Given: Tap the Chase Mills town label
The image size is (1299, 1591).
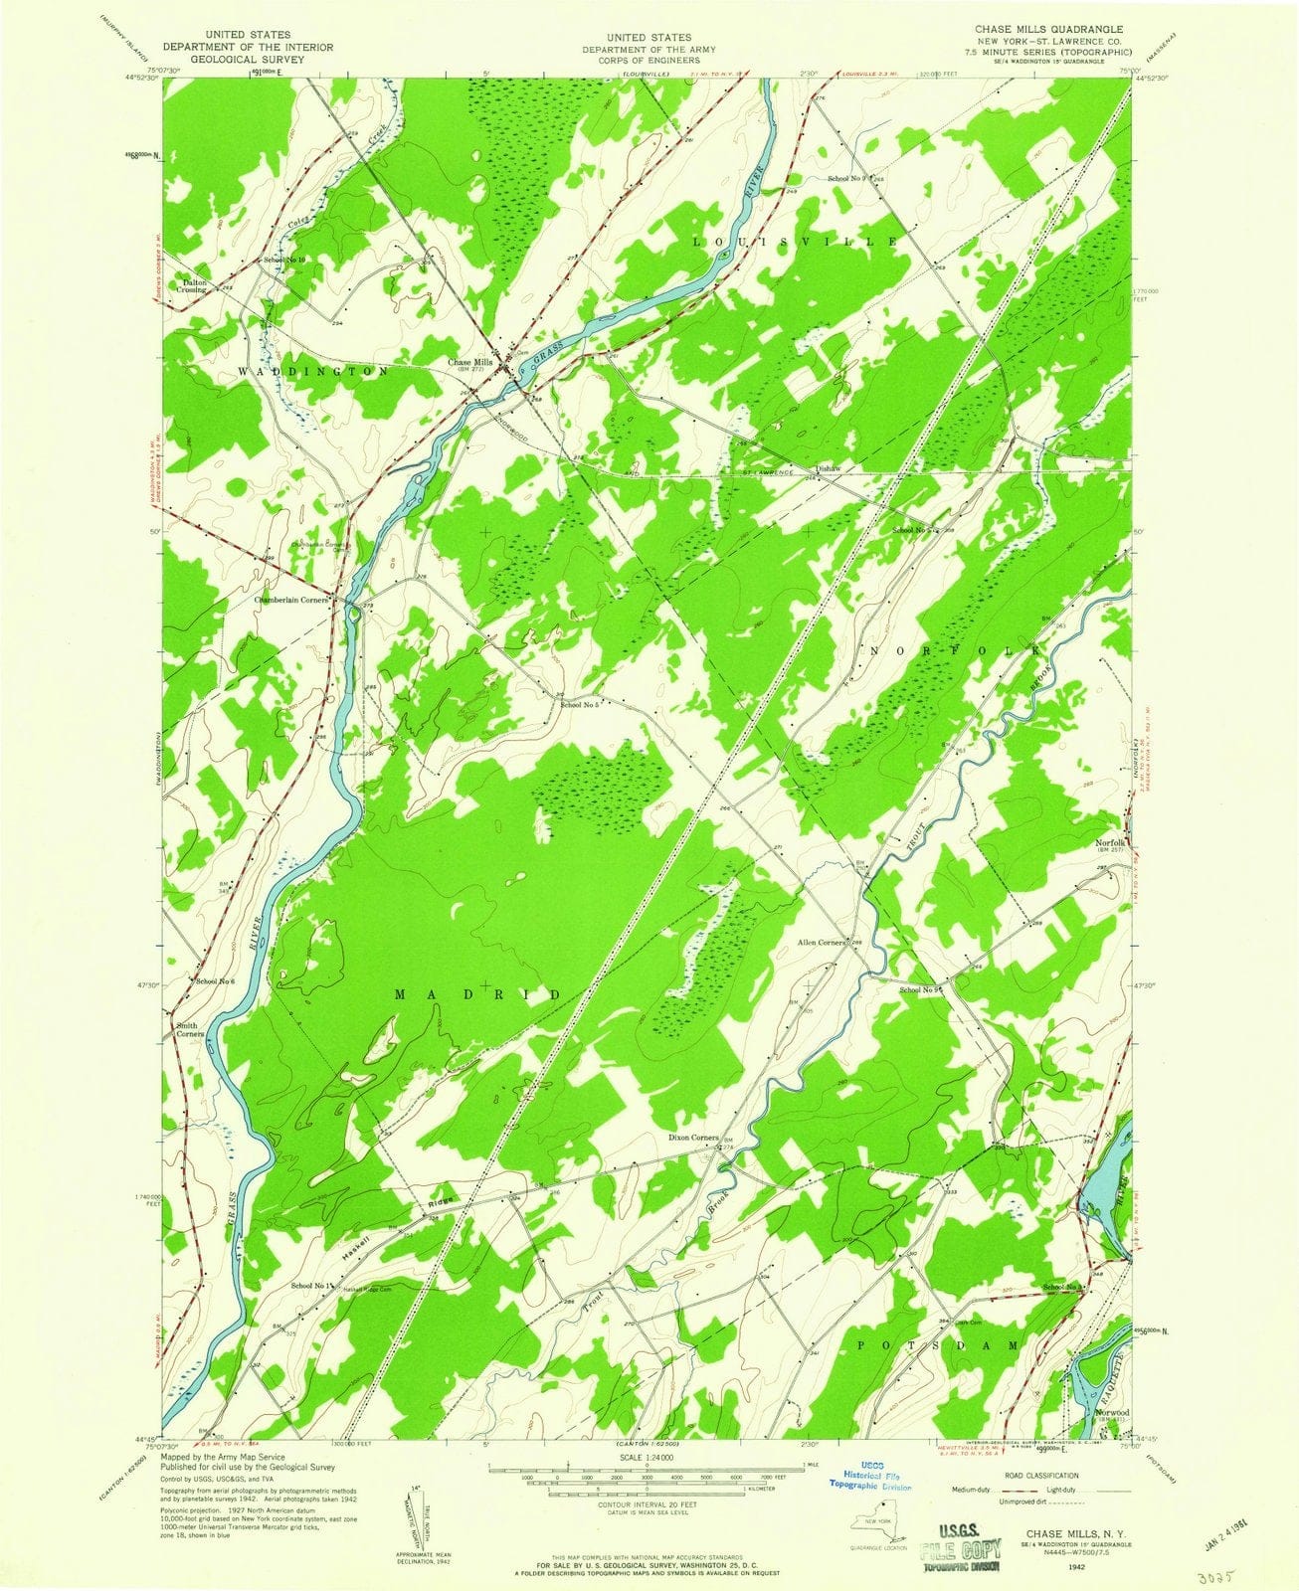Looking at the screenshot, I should coord(469,363).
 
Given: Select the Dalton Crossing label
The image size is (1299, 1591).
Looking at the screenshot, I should coord(193,285).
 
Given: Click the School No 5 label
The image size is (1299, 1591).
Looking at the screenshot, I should coord(579,705).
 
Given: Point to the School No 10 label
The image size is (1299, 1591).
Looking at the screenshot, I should coord(285,260).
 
